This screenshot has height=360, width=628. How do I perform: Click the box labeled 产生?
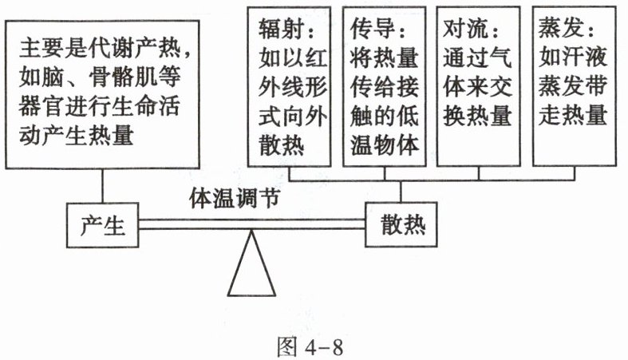pyautogui.click(x=102, y=225)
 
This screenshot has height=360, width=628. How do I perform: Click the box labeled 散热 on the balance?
pyautogui.click(x=401, y=224)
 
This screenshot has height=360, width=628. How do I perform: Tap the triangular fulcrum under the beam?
pyautogui.click(x=251, y=263)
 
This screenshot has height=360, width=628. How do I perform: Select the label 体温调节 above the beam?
pyautogui.click(x=235, y=198)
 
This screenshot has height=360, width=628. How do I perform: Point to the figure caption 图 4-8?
pyautogui.click(x=310, y=346)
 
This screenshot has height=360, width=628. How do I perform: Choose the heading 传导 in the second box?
pyautogui.click(x=373, y=29)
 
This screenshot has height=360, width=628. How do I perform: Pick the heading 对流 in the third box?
pyautogui.click(x=466, y=29)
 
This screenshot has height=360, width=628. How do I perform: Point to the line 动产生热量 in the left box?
pyautogui.click(x=76, y=135)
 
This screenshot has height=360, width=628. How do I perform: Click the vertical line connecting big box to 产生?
pyautogui.click(x=102, y=186)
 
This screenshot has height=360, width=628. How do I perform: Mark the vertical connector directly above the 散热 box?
pyautogui.click(x=401, y=192)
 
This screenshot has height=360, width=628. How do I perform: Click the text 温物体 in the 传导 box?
pyautogui.click(x=385, y=144)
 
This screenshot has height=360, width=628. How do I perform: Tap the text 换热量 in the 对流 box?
pyautogui.click(x=477, y=115)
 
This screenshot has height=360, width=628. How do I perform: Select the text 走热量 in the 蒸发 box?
pyautogui.click(x=573, y=115)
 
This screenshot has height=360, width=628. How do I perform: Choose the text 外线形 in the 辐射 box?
pyautogui.click(x=293, y=86)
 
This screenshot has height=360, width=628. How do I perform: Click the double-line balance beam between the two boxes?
pyautogui.click(x=252, y=224)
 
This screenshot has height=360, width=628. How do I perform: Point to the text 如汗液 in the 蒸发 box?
pyautogui.click(x=573, y=57)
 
